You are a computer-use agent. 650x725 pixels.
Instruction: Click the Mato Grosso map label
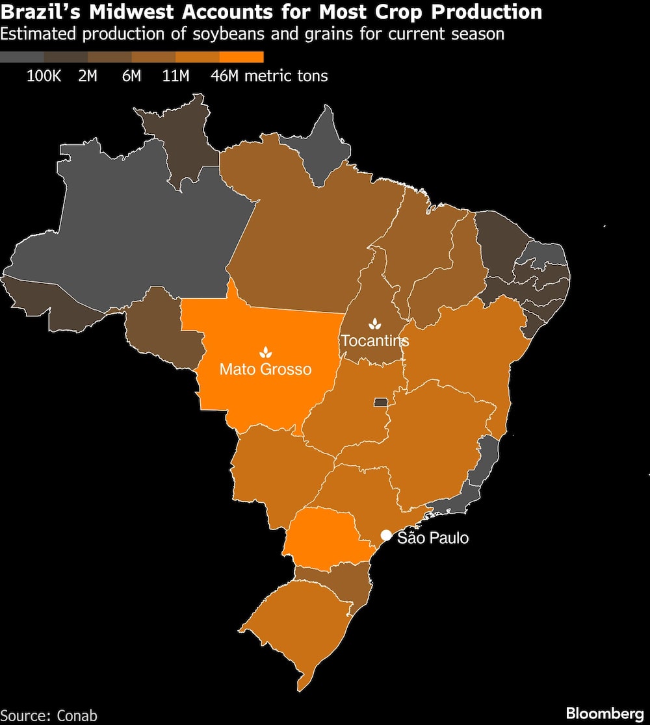[265, 369]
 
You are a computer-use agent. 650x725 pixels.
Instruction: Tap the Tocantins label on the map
[375, 340]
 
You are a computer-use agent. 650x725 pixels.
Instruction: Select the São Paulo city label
[432, 538]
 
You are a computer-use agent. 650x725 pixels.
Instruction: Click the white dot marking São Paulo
[386, 535]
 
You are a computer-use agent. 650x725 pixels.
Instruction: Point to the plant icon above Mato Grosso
[265, 352]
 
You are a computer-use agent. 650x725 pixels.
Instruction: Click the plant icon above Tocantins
[375, 324]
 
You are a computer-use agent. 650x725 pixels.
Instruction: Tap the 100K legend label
[44, 76]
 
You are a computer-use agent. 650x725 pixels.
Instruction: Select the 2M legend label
[88, 76]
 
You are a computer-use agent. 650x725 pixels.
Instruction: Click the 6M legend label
[131, 76]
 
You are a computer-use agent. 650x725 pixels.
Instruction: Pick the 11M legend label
[175, 76]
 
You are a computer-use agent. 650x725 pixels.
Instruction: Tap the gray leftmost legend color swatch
[22, 57]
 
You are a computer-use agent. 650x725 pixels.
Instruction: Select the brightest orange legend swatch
[242, 57]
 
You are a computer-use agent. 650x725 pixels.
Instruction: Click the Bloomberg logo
[604, 713]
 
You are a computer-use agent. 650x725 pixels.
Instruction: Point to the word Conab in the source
[77, 715]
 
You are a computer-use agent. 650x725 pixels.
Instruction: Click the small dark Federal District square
[380, 403]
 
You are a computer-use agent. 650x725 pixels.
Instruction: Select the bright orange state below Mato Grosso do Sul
[325, 536]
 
